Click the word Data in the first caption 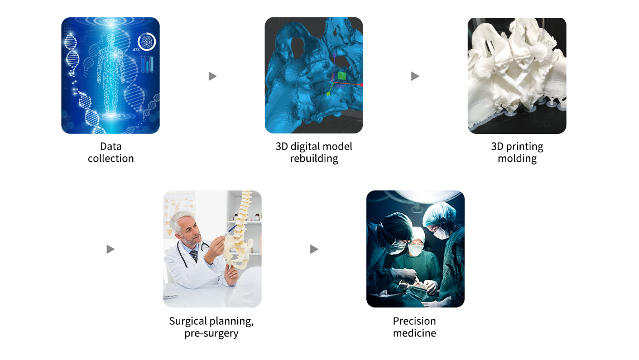pos(111,146)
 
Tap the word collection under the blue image pos(111,158)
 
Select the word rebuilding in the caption pos(314,159)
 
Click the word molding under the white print pos(517,159)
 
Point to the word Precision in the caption pos(415,321)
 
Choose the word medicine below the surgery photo pos(415,333)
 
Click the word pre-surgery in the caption pos(211,334)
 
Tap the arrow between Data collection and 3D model pos(212,76)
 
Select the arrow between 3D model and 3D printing pos(415,76)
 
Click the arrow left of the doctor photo pos(110,249)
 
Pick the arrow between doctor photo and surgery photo pos(314,249)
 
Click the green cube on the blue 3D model pos(342,76)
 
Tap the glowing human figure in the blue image pos(110,73)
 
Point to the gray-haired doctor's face pos(190,232)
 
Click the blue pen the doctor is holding pos(229,231)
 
